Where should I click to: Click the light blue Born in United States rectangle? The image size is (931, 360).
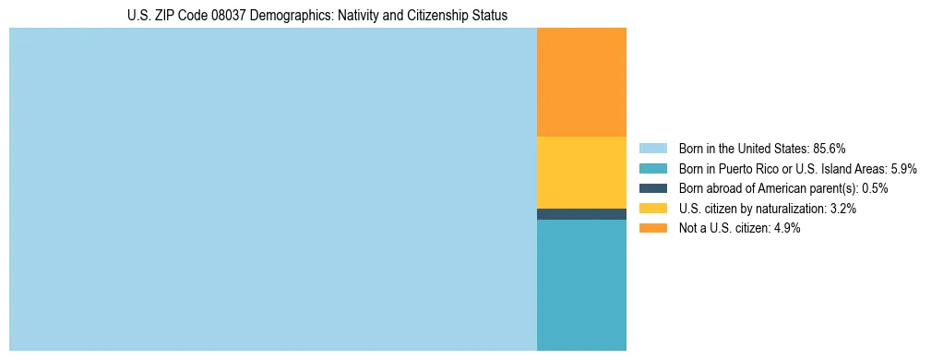(272, 189)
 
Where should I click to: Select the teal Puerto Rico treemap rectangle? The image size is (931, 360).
(581, 284)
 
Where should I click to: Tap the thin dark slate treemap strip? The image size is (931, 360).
(581, 214)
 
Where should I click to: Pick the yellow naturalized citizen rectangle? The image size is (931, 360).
(581, 172)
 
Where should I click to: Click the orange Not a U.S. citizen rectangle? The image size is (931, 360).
(581, 82)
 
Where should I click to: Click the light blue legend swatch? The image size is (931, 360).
(652, 148)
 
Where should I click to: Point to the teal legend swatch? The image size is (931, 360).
(652, 168)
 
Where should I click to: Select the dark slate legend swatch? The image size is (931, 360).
(652, 188)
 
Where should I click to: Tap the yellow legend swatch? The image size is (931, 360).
(652, 209)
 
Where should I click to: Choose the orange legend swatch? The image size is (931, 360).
(652, 229)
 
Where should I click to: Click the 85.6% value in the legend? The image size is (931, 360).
(830, 148)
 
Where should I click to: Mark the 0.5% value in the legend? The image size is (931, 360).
(875, 188)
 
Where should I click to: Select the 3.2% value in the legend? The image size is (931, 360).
(843, 209)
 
